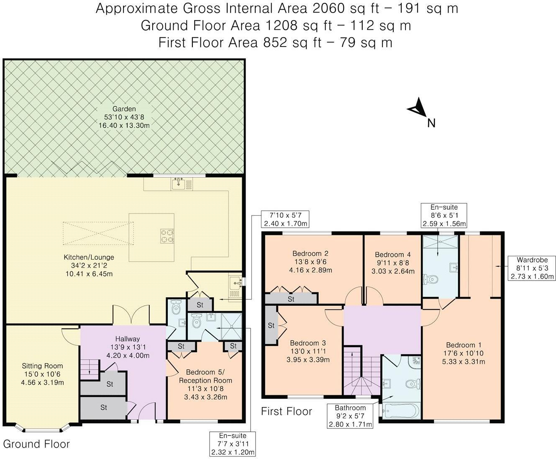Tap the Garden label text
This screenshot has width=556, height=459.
[124, 109]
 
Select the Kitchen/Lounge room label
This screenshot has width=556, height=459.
[89, 257]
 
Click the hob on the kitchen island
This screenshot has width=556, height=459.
[167, 236]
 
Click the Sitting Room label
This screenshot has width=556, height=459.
[42, 366]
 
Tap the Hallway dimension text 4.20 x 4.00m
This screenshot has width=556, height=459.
[128, 355]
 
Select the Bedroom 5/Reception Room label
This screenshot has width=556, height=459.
[205, 376]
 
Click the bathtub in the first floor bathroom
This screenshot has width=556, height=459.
[401, 411]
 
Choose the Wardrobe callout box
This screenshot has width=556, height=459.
[532, 268]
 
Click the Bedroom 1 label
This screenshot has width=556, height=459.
[464, 345]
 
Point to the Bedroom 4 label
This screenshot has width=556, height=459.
[393, 255]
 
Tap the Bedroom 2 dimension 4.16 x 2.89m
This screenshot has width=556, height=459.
[310, 270]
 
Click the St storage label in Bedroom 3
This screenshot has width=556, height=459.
[271, 325]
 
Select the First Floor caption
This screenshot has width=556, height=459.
[286, 412]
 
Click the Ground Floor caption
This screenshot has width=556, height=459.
[36, 444]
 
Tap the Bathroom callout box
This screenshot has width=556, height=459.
[350, 416]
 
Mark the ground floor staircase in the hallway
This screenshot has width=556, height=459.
[90, 369]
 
